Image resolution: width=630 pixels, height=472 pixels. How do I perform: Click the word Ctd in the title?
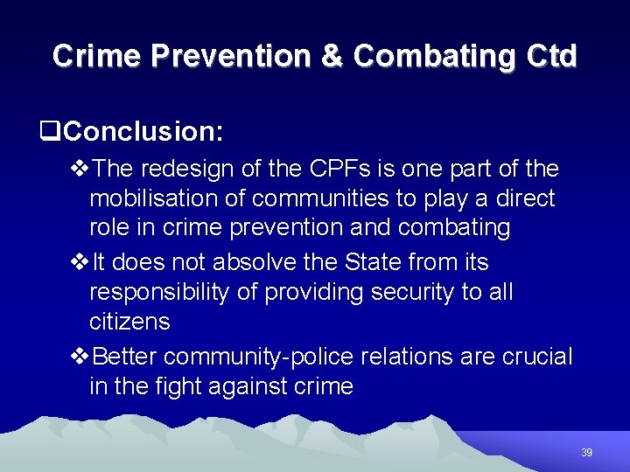(552, 56)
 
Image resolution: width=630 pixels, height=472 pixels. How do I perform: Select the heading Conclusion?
(143, 132)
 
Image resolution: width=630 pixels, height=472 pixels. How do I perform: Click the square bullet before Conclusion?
(51, 132)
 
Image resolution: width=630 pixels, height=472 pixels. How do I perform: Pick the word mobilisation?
(154, 198)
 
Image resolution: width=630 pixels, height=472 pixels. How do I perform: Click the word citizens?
(129, 322)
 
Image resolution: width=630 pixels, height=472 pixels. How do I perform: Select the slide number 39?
(586, 453)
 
